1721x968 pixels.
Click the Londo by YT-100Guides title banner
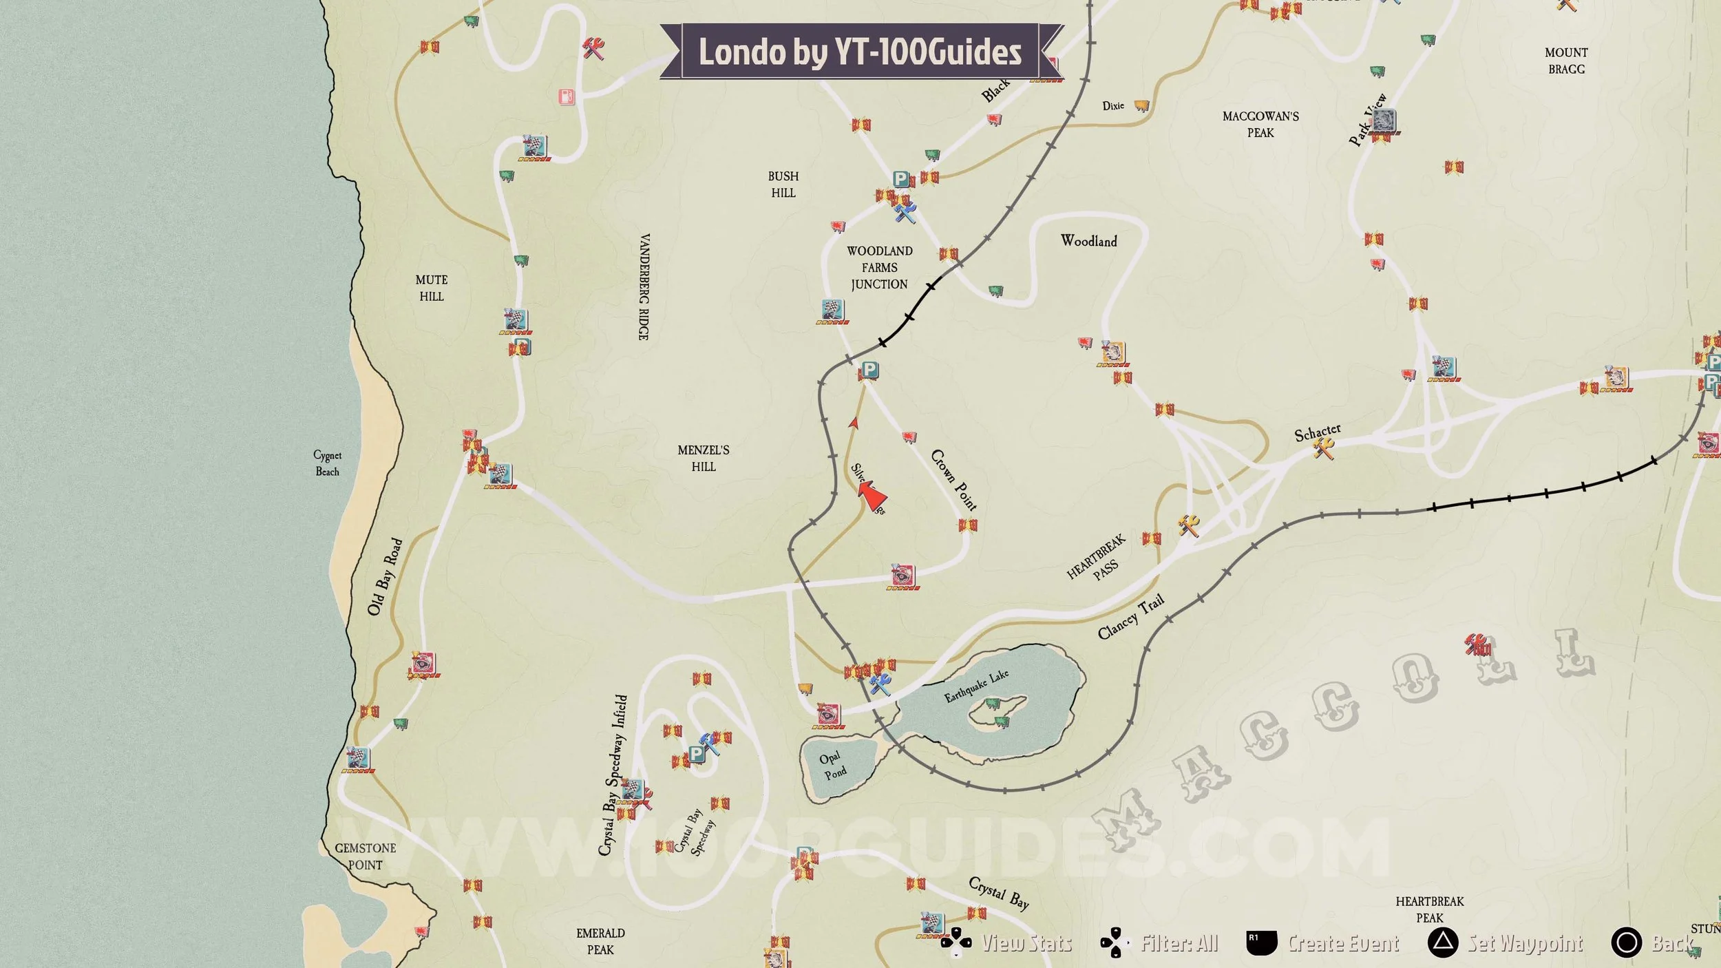[860, 52]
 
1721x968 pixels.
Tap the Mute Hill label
[432, 288]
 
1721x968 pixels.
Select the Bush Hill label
[783, 185]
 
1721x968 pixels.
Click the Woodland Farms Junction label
[879, 268]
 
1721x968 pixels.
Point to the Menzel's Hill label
[703, 458]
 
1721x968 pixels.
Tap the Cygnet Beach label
[327, 463]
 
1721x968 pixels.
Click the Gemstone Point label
[365, 856]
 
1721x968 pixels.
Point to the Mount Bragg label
[1566, 61]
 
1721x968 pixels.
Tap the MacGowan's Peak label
[1260, 125]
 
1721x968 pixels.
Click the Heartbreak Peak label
[1429, 909]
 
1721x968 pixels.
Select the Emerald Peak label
[600, 941]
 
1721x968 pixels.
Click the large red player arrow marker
[872, 494]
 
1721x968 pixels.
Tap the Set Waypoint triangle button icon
[1442, 943]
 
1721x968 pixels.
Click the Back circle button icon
[1626, 943]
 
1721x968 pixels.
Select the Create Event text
[1343, 943]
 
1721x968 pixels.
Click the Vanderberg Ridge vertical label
[644, 286]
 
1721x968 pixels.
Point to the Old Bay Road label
[385, 577]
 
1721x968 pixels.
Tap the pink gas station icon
[567, 96]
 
